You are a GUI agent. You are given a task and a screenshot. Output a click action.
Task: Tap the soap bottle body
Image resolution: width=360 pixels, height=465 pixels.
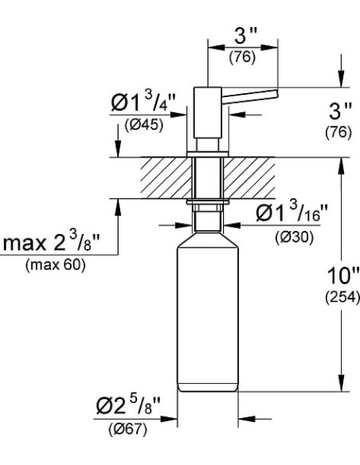click(x=206, y=318)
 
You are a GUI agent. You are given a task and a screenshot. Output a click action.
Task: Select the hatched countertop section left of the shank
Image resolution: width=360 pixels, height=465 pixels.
click(x=164, y=178)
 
